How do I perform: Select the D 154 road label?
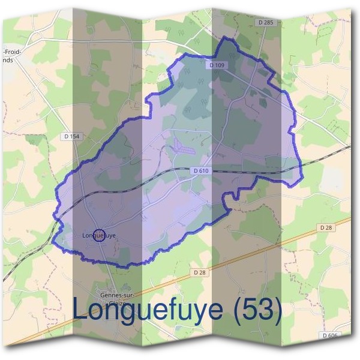click(70, 137)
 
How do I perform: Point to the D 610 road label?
click(201, 171)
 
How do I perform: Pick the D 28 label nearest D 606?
click(326, 227)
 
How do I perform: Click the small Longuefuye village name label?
click(98, 236)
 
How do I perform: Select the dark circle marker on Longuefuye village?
click(100, 235)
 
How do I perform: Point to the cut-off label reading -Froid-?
click(13, 52)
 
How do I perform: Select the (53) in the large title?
click(256, 310)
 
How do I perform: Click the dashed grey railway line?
click(252, 173)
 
